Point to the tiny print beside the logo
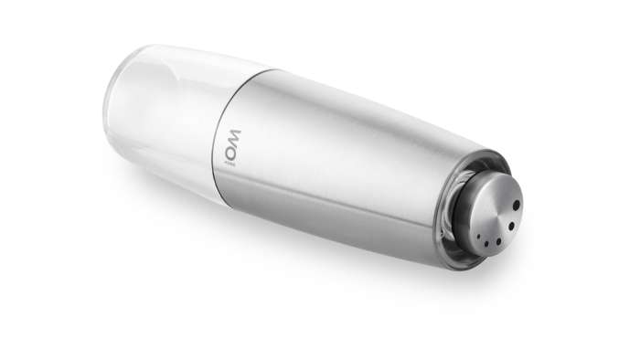[x=230, y=163]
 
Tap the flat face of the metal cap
[x=498, y=216]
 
